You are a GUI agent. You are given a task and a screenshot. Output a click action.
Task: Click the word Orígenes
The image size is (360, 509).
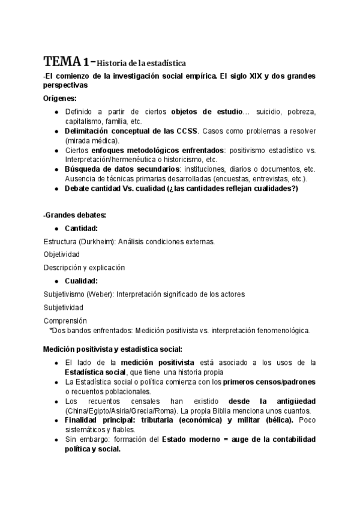tap(60, 98)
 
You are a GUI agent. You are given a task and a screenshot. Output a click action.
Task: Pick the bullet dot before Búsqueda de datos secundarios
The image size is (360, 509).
tap(56, 169)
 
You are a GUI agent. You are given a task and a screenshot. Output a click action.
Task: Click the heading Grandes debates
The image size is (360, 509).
tap(68, 214)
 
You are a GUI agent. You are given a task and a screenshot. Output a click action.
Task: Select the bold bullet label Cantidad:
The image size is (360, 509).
tap(82, 228)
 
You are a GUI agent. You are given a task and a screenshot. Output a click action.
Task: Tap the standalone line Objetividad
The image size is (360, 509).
tap(62, 254)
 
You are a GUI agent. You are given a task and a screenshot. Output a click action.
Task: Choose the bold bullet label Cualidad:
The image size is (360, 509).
tap(81, 281)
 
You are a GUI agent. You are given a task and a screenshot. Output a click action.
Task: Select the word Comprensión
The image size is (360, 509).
tap(65, 321)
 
